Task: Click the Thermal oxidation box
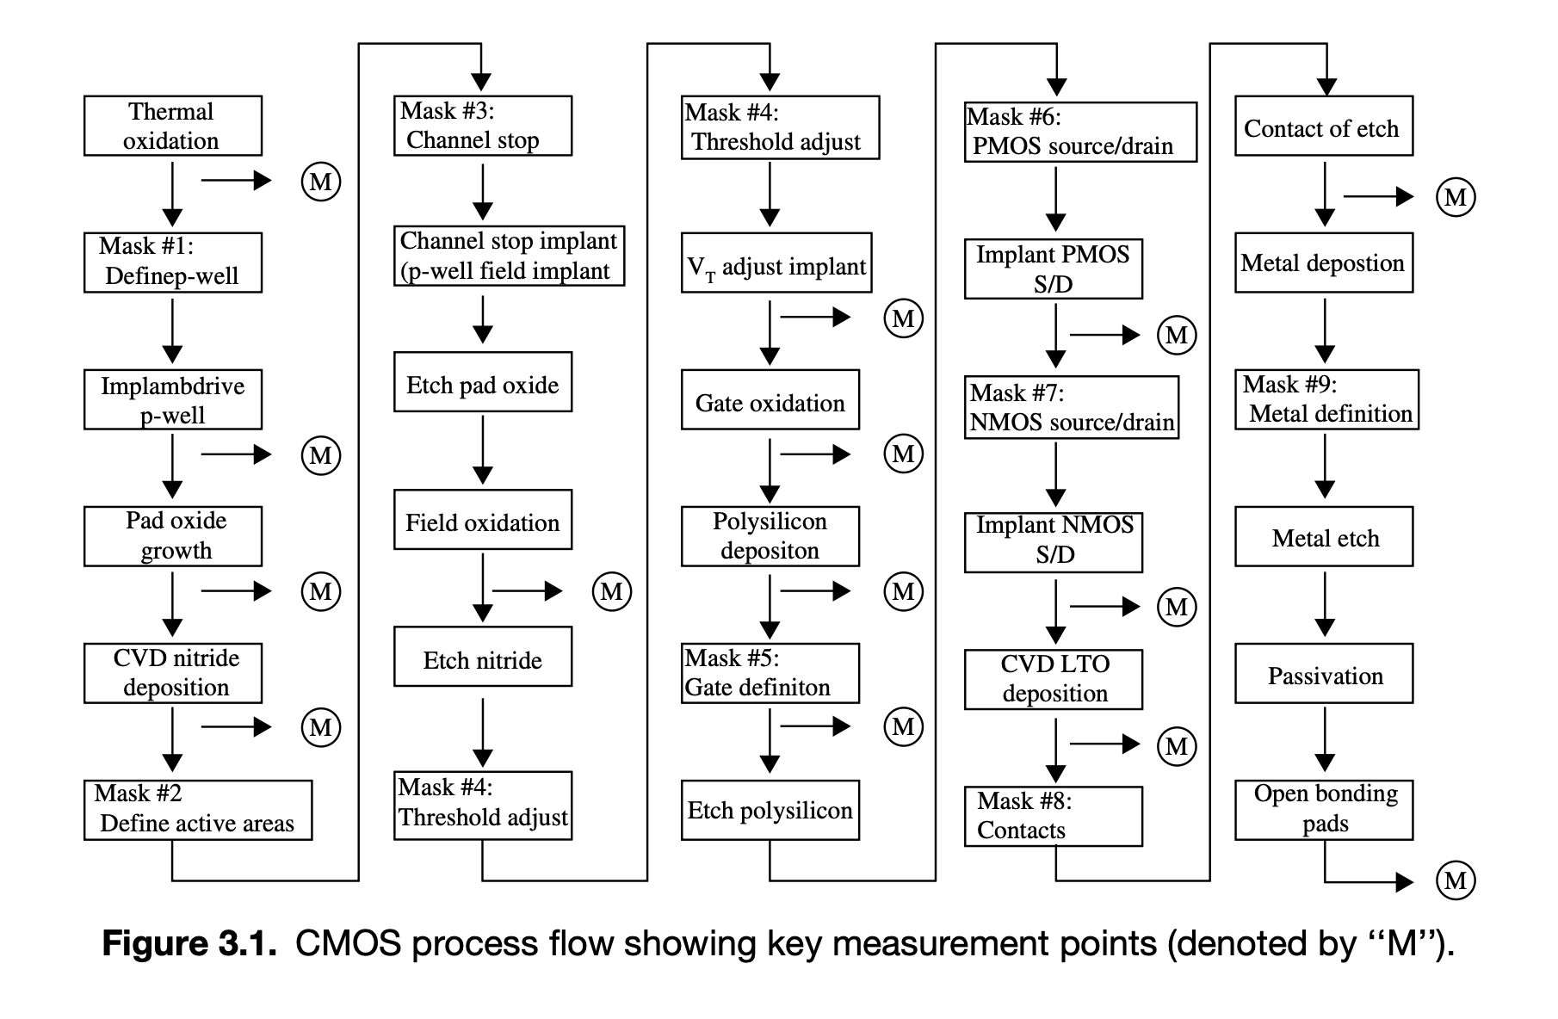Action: (172, 126)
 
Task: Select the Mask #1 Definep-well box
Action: (172, 262)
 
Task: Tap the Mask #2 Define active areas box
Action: (197, 810)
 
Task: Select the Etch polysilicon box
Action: (770, 810)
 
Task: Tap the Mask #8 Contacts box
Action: (1053, 816)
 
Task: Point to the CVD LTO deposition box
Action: (1053, 679)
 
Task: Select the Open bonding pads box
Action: (1324, 810)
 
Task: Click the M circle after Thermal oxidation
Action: (321, 182)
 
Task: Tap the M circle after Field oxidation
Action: (612, 591)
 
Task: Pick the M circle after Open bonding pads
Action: (1456, 880)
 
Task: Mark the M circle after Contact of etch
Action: (1456, 197)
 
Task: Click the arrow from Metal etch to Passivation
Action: (1325, 604)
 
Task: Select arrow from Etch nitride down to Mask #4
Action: (483, 732)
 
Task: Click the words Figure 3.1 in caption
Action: (189, 944)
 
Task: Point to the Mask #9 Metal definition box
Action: (1326, 399)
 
